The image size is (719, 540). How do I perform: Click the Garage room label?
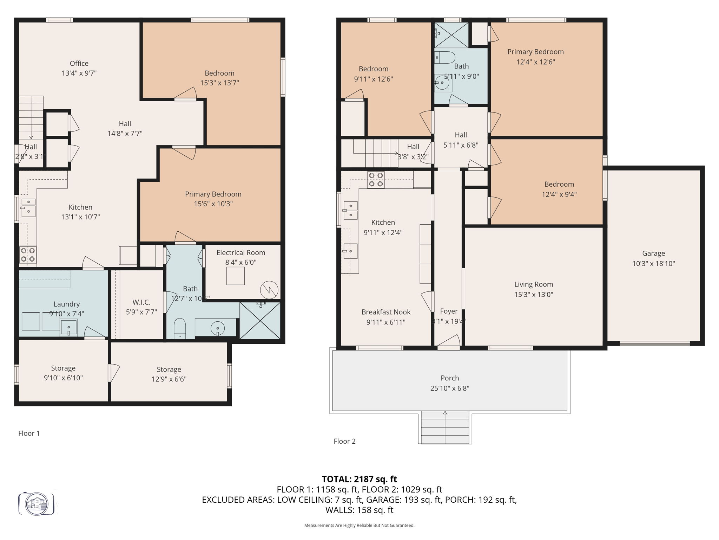pyautogui.click(x=653, y=253)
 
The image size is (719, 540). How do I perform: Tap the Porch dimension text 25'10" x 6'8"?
pyautogui.click(x=450, y=388)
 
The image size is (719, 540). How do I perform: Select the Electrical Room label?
pyautogui.click(x=240, y=252)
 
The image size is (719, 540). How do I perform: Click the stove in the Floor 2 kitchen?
pyautogui.click(x=376, y=180)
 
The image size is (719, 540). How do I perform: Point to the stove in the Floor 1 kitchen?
pyautogui.click(x=28, y=255)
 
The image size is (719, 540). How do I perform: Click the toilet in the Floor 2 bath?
pyautogui.click(x=444, y=57)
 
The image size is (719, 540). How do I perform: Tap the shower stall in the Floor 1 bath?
pyautogui.click(x=260, y=320)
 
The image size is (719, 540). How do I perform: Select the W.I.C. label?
pyautogui.click(x=141, y=302)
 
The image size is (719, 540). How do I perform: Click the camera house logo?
pyautogui.click(x=37, y=504)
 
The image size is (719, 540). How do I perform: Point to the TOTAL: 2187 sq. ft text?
pyautogui.click(x=359, y=479)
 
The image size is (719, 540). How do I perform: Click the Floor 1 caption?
pyautogui.click(x=29, y=433)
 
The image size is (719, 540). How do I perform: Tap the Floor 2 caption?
pyautogui.click(x=344, y=441)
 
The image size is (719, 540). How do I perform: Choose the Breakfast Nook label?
pyautogui.click(x=386, y=312)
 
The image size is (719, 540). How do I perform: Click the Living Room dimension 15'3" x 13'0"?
pyautogui.click(x=534, y=295)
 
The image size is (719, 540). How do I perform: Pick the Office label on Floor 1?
pyautogui.click(x=79, y=63)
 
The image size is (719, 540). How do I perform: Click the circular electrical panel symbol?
pyautogui.click(x=269, y=290)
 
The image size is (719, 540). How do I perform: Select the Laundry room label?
pyautogui.click(x=67, y=304)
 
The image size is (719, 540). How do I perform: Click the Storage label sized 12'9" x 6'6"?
pyautogui.click(x=169, y=369)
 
